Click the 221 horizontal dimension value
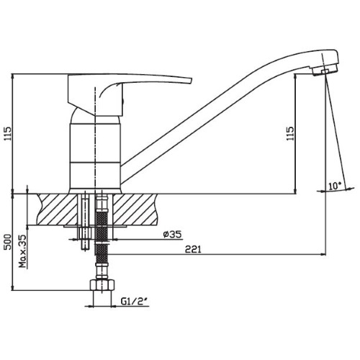pos(193,249)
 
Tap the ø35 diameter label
pos(172,234)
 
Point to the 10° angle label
pos(335,186)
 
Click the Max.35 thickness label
pos(23,251)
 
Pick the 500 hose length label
pos(8,242)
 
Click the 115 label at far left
pos(8,134)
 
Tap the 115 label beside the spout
pos(290,133)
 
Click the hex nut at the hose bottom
pos(102,286)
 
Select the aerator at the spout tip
pos(325,70)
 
